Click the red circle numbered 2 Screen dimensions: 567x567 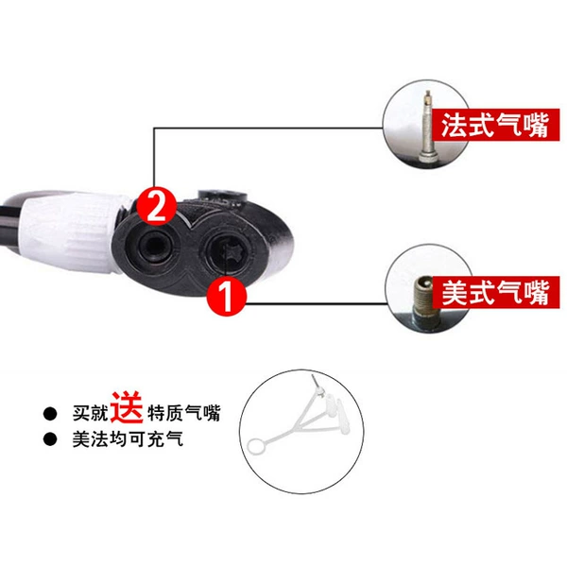[x=156, y=206]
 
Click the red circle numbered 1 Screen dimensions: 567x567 [x=226, y=297]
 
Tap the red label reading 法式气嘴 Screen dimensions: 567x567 [x=496, y=125]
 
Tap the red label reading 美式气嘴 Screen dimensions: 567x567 [x=496, y=292]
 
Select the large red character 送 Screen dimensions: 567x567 [x=127, y=408]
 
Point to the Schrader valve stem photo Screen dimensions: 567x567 [x=423, y=301]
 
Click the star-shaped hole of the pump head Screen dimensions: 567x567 [x=229, y=250]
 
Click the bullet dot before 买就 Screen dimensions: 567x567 [x=50, y=414]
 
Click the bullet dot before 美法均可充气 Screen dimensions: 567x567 [x=50, y=439]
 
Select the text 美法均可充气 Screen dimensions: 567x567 [x=128, y=439]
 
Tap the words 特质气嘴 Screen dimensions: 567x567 [x=183, y=413]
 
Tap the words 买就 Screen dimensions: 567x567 [x=90, y=413]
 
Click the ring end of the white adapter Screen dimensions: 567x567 [x=256, y=445]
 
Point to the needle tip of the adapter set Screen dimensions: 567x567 [x=313, y=376]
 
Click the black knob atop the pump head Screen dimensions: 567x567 [x=222, y=197]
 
